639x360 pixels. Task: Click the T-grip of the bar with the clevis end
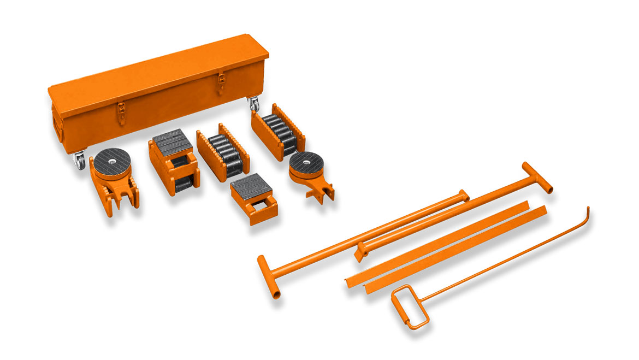537,176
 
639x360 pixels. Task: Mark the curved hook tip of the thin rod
587,210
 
